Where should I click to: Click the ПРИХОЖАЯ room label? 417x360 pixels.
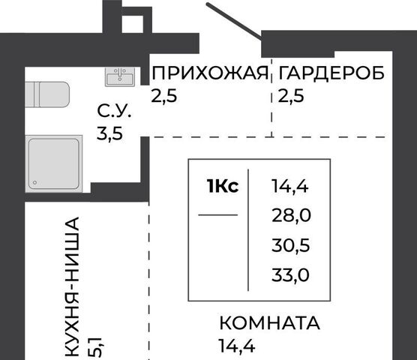point(210,73)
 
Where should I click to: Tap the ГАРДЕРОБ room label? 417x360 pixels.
point(331,73)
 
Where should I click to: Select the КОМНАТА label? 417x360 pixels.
point(270,322)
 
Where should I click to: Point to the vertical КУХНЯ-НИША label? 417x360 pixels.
point(72,287)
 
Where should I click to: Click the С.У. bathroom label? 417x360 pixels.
point(114,111)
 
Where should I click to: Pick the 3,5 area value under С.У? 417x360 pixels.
point(109,133)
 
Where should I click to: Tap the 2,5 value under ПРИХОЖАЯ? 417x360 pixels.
point(163,95)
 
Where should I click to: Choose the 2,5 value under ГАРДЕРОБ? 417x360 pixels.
point(291,95)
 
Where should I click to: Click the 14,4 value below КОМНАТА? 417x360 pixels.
point(237,346)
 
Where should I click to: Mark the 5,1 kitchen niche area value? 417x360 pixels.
point(94,347)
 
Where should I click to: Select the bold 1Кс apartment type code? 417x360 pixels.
point(223,186)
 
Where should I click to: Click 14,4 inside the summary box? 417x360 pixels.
point(290,186)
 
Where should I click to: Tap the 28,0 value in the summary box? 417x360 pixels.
point(291,215)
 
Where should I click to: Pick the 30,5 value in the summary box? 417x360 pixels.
point(291,245)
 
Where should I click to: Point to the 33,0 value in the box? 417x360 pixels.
point(290,274)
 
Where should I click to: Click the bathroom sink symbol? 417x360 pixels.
point(120,76)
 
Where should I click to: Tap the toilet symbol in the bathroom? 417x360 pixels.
point(47,94)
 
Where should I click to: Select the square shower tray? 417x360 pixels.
point(54,163)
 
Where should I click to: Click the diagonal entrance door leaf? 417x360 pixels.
point(234,20)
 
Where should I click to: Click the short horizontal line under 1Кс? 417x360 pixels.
point(218,214)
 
